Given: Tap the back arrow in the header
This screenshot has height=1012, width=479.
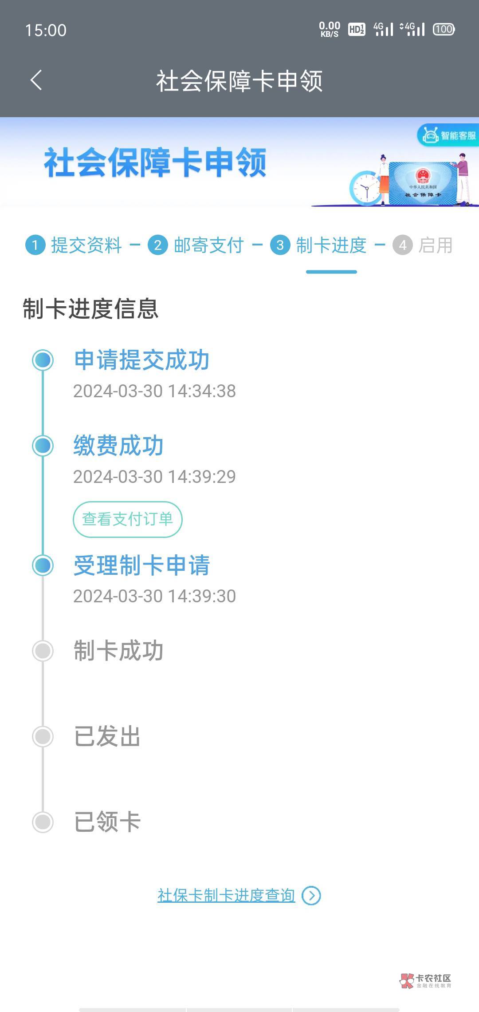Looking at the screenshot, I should [x=36, y=80].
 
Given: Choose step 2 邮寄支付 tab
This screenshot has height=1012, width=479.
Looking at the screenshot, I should [x=196, y=245].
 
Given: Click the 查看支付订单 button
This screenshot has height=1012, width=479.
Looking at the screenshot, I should [x=128, y=519].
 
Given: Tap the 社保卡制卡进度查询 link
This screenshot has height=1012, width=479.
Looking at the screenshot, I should [x=226, y=896].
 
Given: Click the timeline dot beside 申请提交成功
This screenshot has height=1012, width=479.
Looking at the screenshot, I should [x=43, y=360].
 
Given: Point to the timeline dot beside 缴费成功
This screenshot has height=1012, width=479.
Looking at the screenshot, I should [x=43, y=446].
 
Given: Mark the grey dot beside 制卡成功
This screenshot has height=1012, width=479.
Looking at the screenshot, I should [x=43, y=651].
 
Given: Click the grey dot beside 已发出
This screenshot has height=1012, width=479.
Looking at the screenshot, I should [x=43, y=736].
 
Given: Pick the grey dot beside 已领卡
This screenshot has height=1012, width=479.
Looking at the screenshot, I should [x=43, y=822].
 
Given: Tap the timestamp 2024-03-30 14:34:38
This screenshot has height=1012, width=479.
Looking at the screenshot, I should [x=154, y=391].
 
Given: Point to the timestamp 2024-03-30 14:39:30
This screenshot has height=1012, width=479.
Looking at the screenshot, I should [x=154, y=596].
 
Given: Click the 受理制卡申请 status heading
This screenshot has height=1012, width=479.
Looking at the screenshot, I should [x=142, y=565].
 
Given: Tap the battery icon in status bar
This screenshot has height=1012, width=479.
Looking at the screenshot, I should [x=444, y=30].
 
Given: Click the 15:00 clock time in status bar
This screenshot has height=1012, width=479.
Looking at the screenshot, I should [x=46, y=30].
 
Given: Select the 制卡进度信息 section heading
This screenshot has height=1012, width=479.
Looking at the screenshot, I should [x=90, y=309].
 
